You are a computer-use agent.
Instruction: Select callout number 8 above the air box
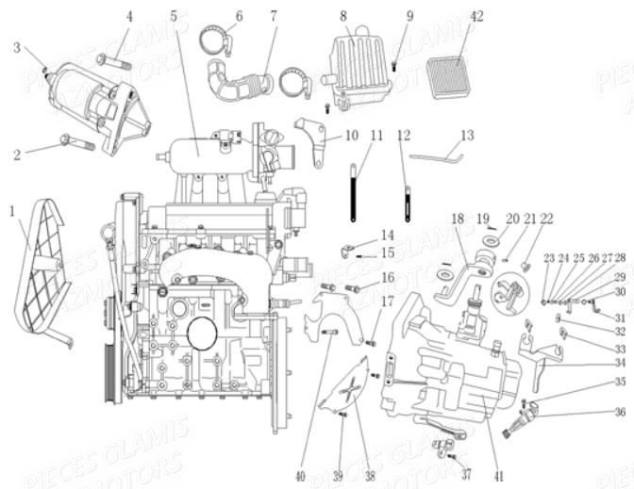(343, 16)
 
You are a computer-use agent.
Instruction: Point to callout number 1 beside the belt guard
(11, 213)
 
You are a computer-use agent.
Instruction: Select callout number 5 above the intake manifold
(174, 16)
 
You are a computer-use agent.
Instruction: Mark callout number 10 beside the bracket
(352, 135)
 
